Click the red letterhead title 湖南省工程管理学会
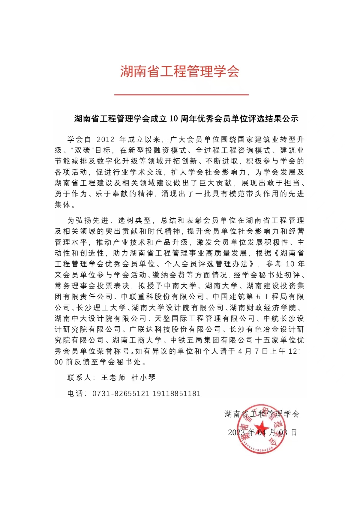(x=180, y=72)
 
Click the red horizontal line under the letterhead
(x=181, y=95)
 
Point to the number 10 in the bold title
(x=173, y=119)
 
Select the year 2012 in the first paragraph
(x=106, y=139)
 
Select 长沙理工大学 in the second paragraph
(x=101, y=307)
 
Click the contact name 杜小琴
(x=143, y=378)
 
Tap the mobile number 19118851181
(x=176, y=394)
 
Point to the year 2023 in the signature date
(x=236, y=433)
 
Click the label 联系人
(x=79, y=378)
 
